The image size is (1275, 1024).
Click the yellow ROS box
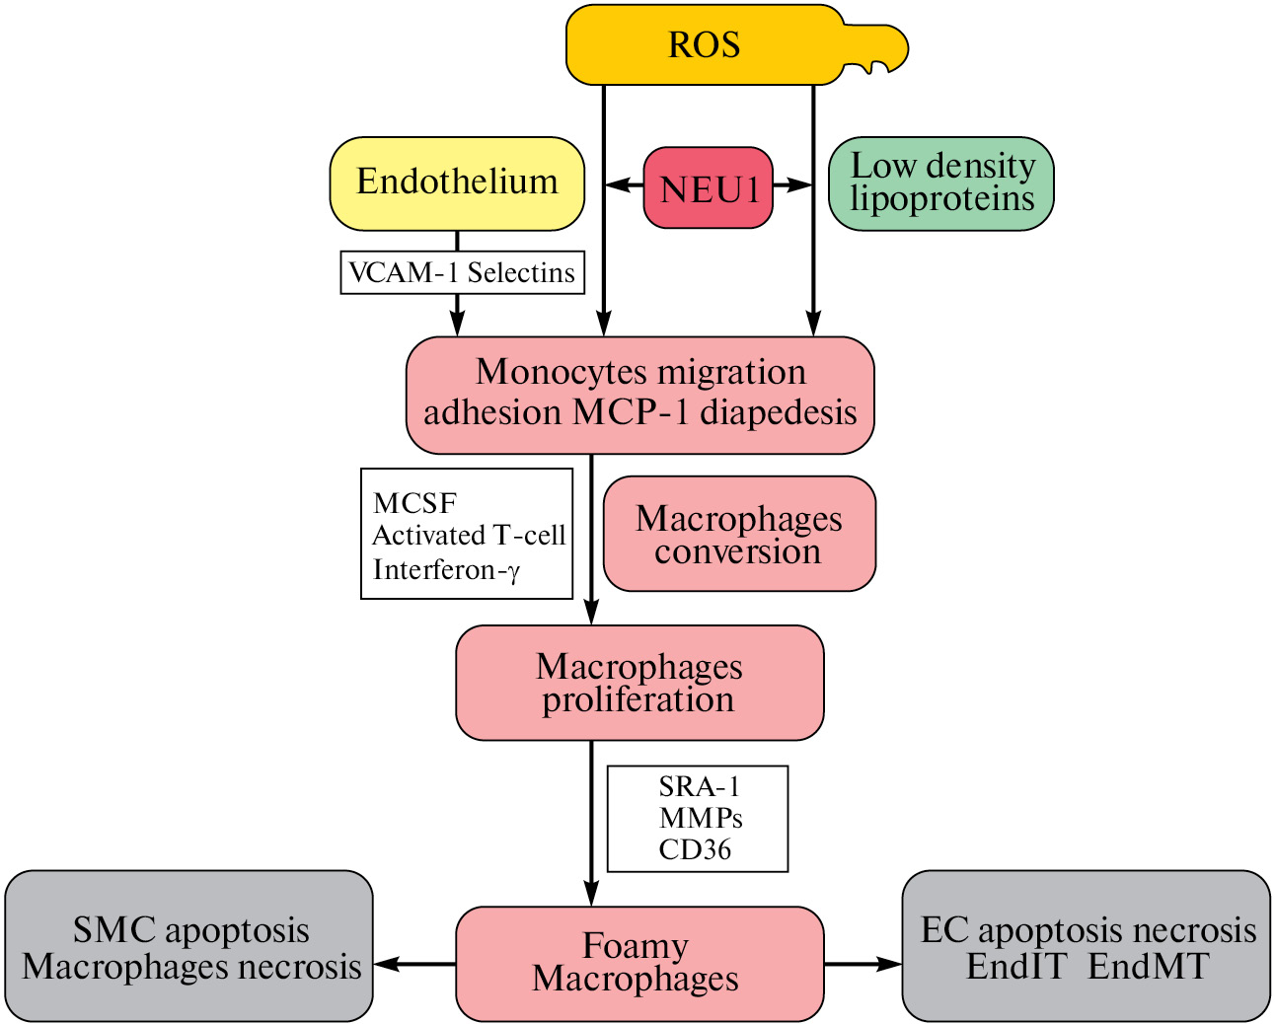(705, 45)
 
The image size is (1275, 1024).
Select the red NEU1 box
(708, 187)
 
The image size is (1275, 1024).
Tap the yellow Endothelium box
(457, 183)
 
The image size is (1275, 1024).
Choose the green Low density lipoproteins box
(941, 183)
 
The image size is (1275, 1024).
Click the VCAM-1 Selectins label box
(462, 272)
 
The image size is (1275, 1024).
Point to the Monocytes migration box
(639, 394)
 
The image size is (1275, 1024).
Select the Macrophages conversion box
(739, 534)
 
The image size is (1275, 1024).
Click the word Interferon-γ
(446, 569)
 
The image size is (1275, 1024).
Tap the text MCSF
(414, 503)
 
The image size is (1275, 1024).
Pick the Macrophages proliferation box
(639, 683)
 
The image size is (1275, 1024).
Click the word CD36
(696, 849)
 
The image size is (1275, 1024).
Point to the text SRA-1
(699, 786)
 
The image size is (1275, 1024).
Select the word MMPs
(701, 818)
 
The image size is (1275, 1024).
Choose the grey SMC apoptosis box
(189, 946)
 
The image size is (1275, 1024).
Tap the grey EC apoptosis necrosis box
(1087, 946)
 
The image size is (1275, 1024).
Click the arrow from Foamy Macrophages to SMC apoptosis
(414, 964)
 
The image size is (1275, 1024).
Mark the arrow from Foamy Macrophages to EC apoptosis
(862, 964)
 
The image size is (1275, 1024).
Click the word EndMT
(1149, 966)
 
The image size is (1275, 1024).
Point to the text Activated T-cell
(469, 536)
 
